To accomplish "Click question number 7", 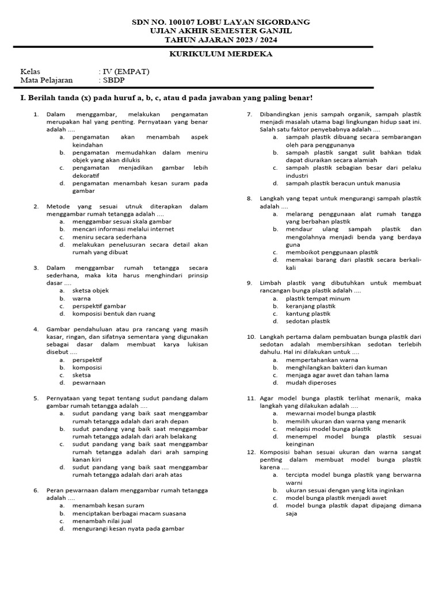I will (250, 114).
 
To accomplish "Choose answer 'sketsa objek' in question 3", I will (90, 291).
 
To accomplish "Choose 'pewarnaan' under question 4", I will (89, 383).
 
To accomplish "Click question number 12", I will (251, 452).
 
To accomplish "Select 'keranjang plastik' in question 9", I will (311, 306).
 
